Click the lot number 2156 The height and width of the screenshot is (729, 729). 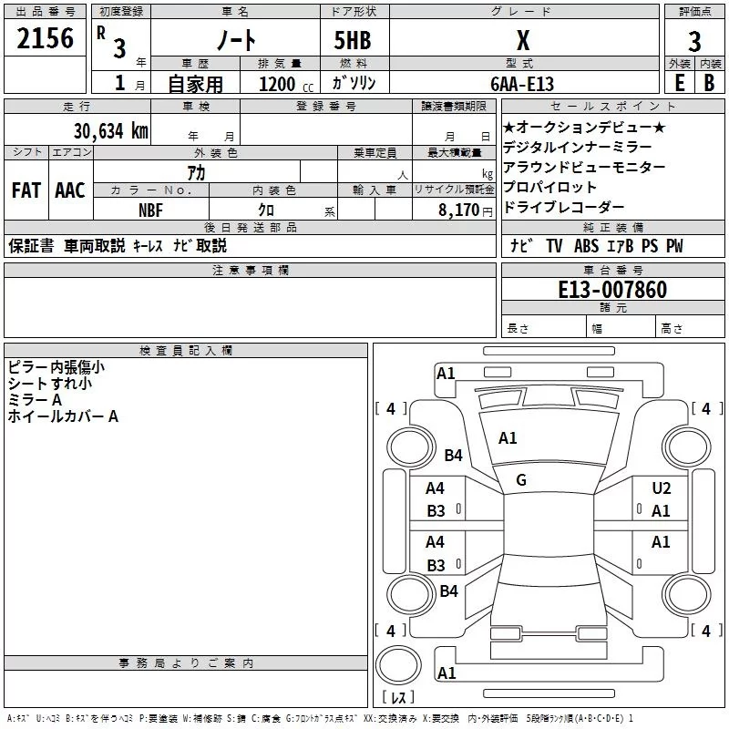[45, 38]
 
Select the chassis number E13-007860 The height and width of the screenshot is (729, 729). [613, 291]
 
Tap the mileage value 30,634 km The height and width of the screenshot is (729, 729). [110, 130]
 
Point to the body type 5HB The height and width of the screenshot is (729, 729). [353, 40]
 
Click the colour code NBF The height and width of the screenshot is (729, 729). [150, 210]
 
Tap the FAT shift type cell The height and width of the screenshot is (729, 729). [26, 190]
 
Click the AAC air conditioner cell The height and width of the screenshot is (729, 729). [70, 190]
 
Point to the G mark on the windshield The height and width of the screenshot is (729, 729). [521, 479]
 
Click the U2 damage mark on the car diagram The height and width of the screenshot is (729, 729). [661, 488]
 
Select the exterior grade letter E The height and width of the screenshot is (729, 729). [679, 82]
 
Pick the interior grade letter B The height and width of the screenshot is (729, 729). [709, 82]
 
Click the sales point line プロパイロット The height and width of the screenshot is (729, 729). [550, 187]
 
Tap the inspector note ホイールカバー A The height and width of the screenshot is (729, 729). [63, 416]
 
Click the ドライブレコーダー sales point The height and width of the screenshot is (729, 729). [564, 207]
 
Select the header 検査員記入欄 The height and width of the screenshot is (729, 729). [186, 350]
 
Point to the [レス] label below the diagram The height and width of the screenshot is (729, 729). [397, 699]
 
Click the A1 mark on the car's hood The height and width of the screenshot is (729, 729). [508, 438]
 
